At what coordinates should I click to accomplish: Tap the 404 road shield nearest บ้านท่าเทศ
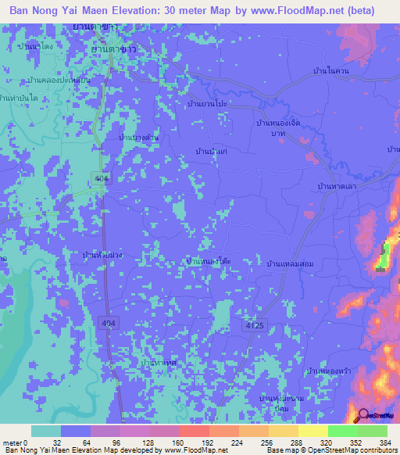tap(108, 322)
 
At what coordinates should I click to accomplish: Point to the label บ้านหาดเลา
tap(336, 187)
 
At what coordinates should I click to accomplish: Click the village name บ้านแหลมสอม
tap(290, 264)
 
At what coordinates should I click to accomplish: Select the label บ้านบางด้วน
tap(139, 138)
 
